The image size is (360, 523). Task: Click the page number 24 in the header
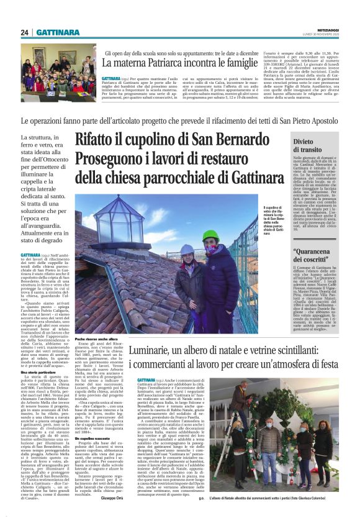(x=25, y=32)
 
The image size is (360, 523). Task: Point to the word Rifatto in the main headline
(x=102, y=141)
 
